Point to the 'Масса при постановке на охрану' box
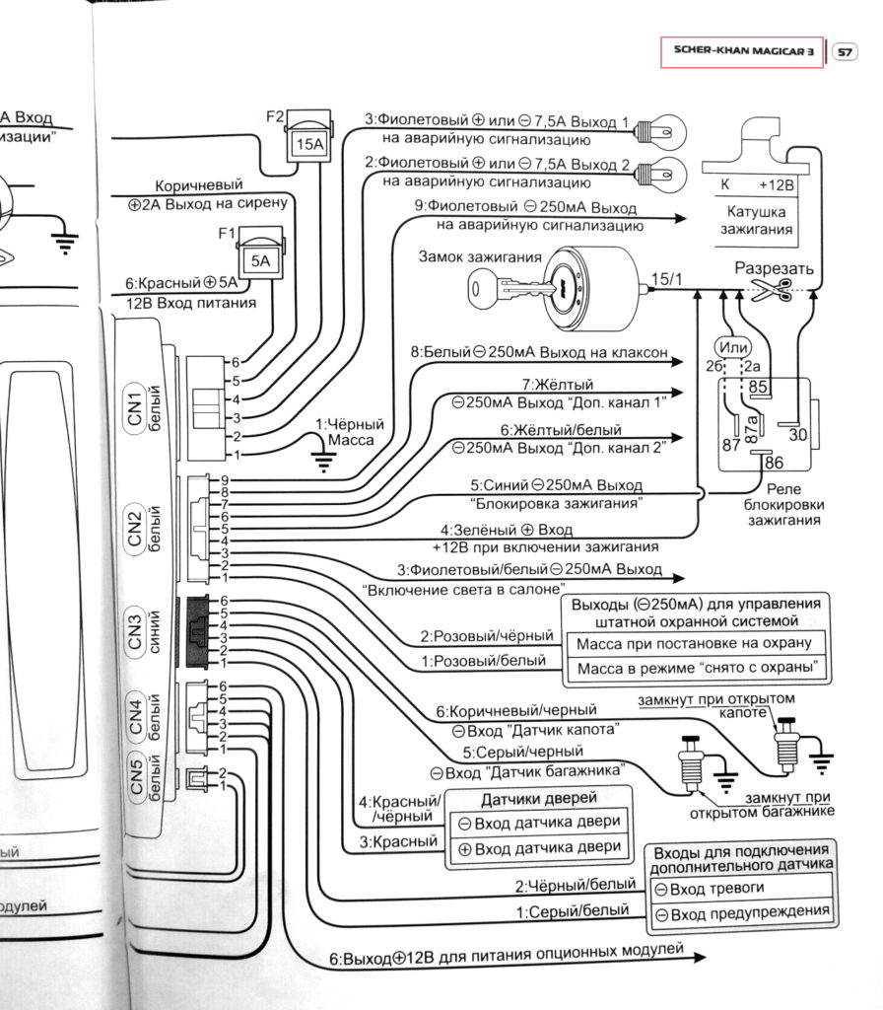693,643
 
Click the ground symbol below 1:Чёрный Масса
319,456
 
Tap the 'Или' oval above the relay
734,347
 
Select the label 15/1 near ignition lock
666,279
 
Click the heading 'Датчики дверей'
539,798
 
